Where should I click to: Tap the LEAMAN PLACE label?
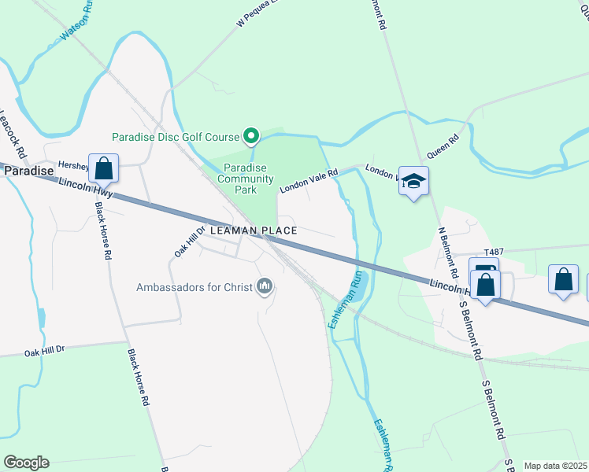(254, 230)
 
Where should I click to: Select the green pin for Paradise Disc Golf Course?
(251, 137)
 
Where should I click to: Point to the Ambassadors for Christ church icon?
(265, 286)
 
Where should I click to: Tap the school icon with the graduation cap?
(413, 182)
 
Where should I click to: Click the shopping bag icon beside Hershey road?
(103, 168)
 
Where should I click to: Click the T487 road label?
(493, 252)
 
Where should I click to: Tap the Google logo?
(26, 463)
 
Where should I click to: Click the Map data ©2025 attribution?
(555, 466)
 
